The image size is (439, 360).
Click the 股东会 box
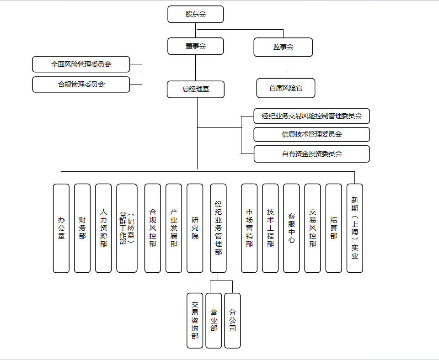click(195, 14)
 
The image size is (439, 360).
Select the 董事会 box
click(195, 46)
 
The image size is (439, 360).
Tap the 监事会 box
click(283, 47)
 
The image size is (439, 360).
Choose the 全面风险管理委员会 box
click(81, 64)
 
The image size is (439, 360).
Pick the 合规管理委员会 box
click(81, 84)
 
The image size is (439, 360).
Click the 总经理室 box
click(195, 89)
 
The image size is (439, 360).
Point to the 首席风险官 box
click(286, 88)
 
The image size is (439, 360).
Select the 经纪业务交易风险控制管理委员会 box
click(311, 116)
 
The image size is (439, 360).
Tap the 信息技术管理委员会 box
click(311, 134)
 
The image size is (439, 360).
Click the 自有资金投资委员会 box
click(311, 154)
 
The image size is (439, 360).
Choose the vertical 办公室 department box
click(61, 228)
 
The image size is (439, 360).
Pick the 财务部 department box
click(82, 228)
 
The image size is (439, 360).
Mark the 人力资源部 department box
click(103, 228)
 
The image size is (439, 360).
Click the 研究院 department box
click(195, 228)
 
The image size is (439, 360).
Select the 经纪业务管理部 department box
click(218, 228)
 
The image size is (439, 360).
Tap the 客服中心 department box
click(291, 228)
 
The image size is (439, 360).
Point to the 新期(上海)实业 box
click(354, 228)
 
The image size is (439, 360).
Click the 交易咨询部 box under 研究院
click(195, 320)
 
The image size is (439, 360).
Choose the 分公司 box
click(232, 320)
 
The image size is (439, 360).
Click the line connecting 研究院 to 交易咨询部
click(195, 283)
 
